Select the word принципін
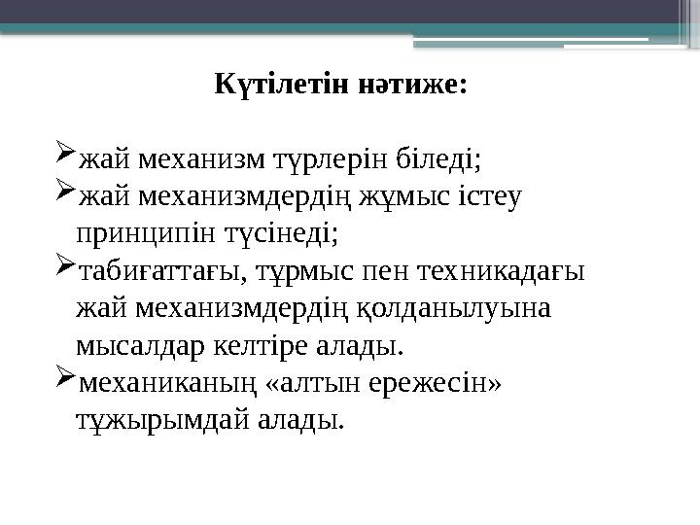click(134, 233)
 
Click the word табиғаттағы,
click(157, 271)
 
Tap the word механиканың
click(164, 383)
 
